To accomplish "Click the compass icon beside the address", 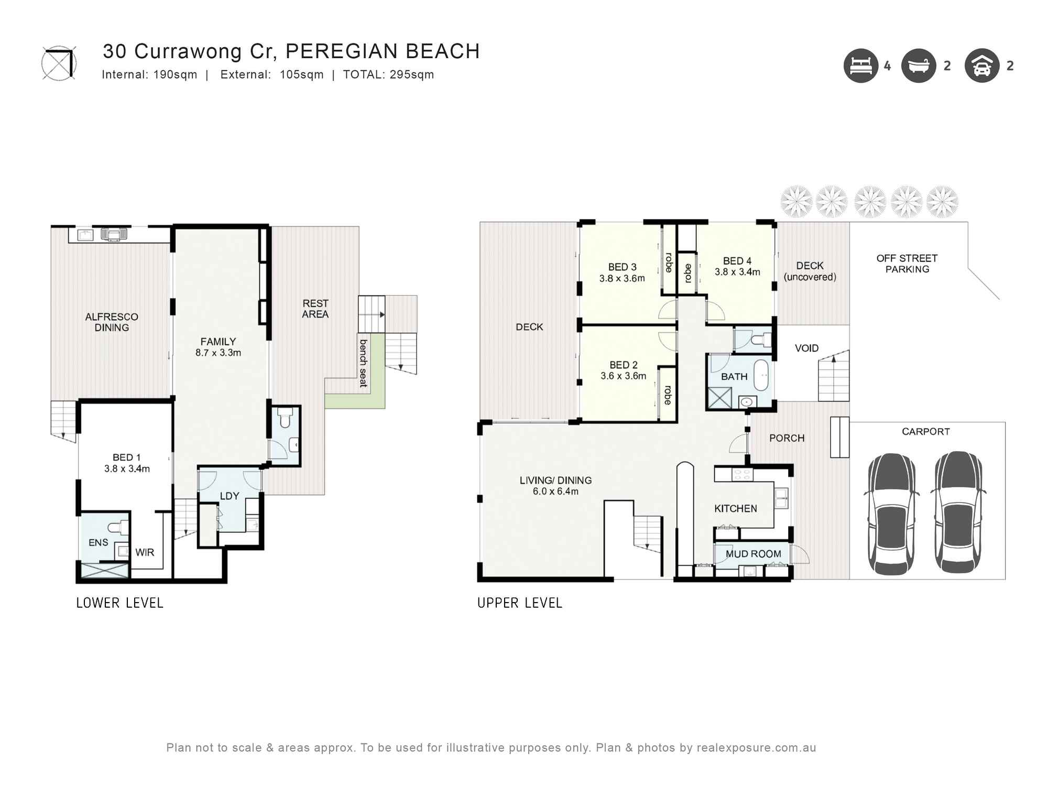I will coord(59,63).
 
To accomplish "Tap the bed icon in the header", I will coord(860,66).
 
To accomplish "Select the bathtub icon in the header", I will coord(919,66).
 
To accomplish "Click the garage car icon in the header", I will coord(982,66).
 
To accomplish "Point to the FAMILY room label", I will coord(218,342).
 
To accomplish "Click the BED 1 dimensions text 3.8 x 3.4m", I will coord(127,469).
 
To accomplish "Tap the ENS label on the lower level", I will coord(99,542).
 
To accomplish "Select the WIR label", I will coord(145,552).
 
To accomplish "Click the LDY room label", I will coord(230,496).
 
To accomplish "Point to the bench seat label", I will coord(363,363).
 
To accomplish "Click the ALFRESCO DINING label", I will coord(112,322).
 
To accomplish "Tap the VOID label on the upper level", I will coord(806,348).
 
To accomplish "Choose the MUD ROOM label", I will coord(753,554).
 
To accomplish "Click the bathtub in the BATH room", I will coord(761,375).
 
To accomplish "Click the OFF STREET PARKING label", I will coord(907,264).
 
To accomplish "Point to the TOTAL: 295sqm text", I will coord(388,74).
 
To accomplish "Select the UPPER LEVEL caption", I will coord(519,603).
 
